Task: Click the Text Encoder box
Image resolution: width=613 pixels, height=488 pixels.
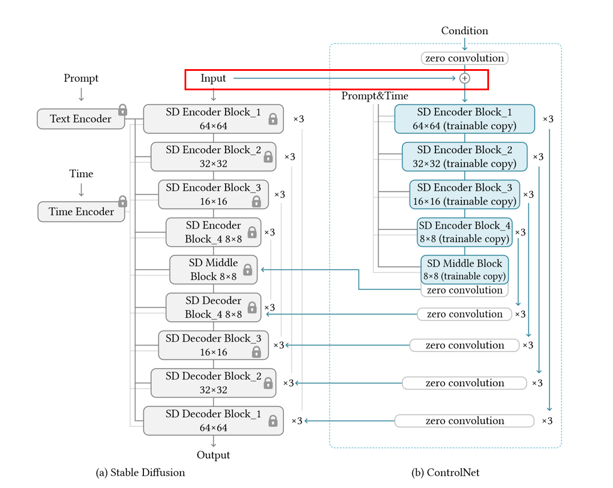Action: [81, 119]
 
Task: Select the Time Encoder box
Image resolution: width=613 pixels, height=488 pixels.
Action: [81, 211]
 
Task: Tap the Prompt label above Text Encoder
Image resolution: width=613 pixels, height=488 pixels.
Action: [81, 78]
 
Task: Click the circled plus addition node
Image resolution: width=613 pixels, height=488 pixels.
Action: [464, 78]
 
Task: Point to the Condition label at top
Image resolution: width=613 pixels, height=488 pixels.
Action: [464, 31]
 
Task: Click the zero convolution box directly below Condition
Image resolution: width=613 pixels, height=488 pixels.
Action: [464, 58]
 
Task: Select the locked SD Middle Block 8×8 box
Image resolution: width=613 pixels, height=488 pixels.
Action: [213, 270]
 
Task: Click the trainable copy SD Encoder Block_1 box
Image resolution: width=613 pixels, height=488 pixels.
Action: [464, 119]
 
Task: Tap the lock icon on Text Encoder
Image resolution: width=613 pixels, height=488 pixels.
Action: [122, 110]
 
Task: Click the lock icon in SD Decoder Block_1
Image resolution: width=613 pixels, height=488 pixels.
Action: [273, 421]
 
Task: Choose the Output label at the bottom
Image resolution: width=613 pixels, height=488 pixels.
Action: [213, 455]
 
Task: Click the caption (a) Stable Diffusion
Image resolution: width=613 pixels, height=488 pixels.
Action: [141, 473]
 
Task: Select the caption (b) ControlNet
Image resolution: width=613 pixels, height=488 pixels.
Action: [446, 473]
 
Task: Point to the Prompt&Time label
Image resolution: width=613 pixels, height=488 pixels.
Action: [375, 96]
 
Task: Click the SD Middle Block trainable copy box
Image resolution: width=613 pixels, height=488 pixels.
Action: [464, 269]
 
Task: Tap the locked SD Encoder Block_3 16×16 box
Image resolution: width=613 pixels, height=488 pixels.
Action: [213, 194]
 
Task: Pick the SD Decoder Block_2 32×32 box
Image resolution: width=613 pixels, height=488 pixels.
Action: [213, 383]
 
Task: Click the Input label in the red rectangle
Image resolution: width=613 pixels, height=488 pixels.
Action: [213, 78]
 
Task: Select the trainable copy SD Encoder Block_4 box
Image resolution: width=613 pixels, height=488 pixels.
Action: [464, 232]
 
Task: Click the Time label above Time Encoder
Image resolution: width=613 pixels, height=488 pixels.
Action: [81, 174]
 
